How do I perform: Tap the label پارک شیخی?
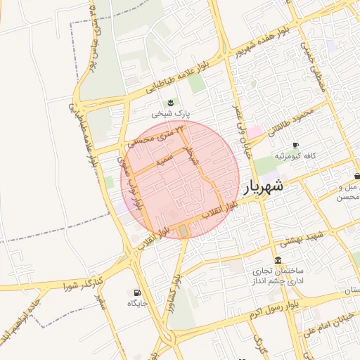pyautogui.click(x=172, y=112)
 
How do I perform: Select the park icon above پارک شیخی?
pyautogui.click(x=169, y=102)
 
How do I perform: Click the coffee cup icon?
pyautogui.click(x=295, y=144)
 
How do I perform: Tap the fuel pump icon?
pyautogui.click(x=136, y=292)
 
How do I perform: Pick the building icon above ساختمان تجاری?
pyautogui.click(x=278, y=260)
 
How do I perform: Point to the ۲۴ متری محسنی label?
pyautogui.click(x=160, y=136)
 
